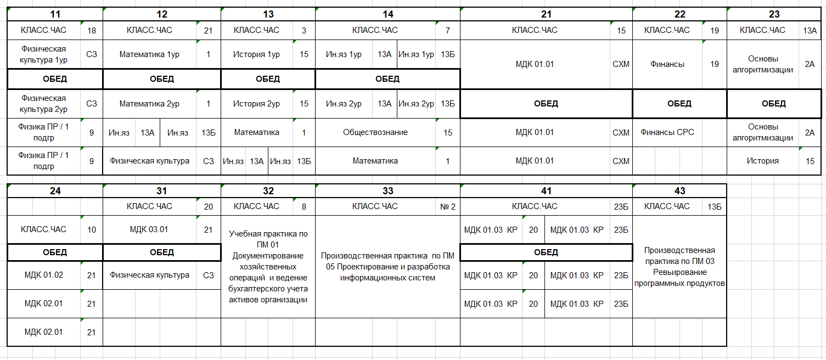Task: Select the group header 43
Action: [679, 191]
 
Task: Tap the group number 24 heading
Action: [55, 191]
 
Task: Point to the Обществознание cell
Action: [375, 132]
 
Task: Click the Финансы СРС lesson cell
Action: [667, 132]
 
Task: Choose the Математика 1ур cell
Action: [149, 54]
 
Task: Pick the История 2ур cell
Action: [256, 104]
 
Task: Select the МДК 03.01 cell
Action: [149, 230]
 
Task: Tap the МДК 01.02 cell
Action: [44, 275]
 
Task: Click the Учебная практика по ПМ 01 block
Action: [268, 267]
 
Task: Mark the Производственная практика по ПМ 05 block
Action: [387, 267]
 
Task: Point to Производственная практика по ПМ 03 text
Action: [679, 267]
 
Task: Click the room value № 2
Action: [448, 207]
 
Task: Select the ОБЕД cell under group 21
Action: [546, 104]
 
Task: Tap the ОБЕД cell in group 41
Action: [546, 252]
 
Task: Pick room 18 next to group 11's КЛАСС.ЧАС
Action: [92, 30]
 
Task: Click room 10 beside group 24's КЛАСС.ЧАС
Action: [92, 230]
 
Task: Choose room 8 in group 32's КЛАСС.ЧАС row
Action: [304, 207]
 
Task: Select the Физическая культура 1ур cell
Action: [44, 54]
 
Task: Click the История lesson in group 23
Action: [762, 161]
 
